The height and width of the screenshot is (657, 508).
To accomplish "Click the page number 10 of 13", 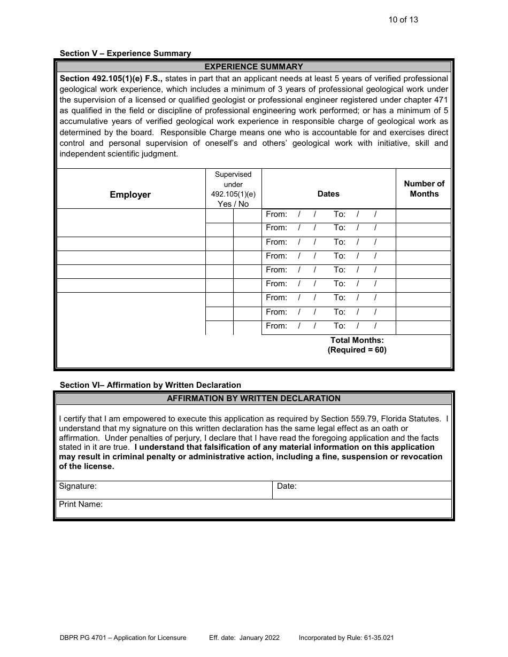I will coord(403,20).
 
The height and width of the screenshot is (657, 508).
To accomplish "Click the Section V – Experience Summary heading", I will coord(125,53).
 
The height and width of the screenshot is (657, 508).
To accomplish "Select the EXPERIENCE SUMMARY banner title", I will coord(254,67).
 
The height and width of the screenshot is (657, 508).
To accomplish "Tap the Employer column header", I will coord(130,195).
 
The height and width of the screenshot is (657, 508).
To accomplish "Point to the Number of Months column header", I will coord(424,189).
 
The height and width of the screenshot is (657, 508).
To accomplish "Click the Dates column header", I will coord(328,194).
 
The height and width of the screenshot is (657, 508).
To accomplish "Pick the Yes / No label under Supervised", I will coord(233,204).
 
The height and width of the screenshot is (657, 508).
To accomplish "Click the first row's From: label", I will coord(276,214).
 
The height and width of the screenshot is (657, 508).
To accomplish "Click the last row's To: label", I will coord(340,326).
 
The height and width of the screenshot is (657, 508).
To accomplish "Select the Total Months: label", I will coord(357,340).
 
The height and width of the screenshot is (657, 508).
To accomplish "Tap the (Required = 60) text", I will coord(357,350).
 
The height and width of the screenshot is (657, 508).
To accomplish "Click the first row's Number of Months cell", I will coord(423,215).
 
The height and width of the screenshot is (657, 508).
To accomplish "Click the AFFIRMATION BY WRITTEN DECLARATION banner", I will coord(254,398).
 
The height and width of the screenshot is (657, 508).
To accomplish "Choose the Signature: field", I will coord(164,490).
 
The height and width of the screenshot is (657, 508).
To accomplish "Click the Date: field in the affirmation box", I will coord(362,490).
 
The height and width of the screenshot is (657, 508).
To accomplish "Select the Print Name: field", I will coord(253,508).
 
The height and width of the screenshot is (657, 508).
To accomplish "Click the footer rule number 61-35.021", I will coord(378,638).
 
